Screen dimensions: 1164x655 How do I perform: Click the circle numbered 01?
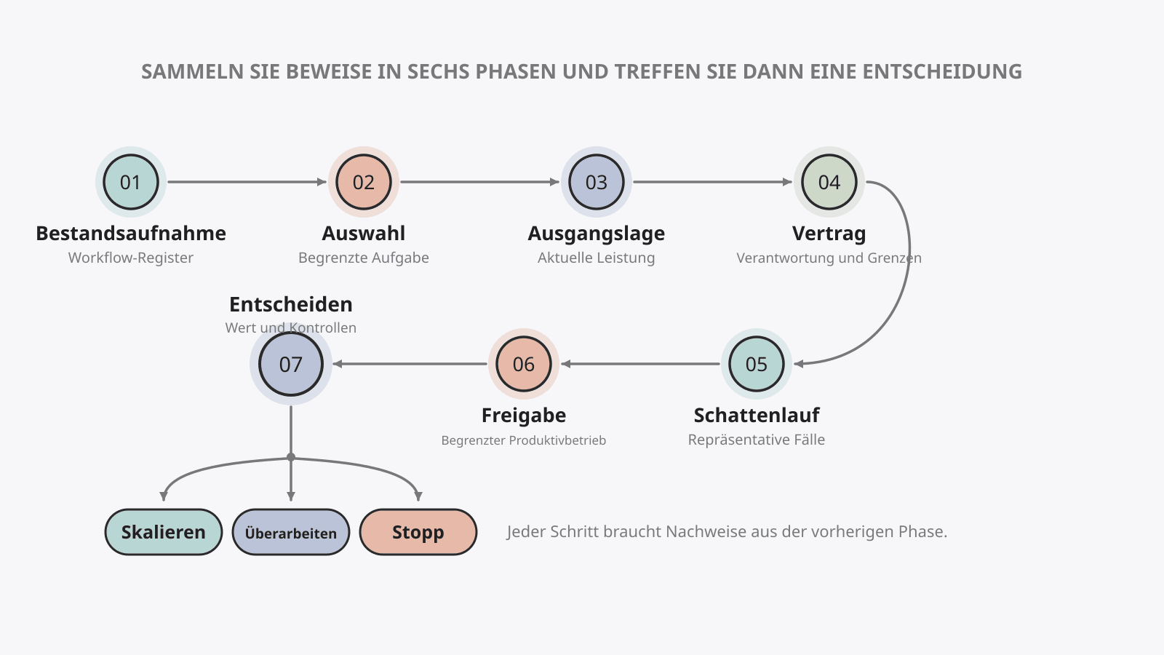130,182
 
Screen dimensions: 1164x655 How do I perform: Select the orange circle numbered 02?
363,182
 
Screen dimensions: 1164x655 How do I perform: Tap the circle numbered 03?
596,182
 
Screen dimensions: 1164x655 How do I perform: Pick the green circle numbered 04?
829,182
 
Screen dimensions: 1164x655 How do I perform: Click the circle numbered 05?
756,364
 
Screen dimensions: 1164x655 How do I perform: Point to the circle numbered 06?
523,364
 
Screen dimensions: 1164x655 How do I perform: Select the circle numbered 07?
290,364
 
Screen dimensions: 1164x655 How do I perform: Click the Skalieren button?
163,532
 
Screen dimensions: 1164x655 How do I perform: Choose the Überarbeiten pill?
290,532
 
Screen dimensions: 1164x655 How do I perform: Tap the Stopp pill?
418,532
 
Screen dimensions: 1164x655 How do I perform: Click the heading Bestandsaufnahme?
131,234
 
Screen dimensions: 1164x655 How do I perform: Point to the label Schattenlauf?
756,416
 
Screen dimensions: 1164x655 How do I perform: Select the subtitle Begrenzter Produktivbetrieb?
523,440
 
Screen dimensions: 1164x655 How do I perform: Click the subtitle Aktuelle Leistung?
596,258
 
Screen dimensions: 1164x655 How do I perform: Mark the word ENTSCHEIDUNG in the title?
942,72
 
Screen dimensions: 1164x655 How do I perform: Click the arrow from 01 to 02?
247,182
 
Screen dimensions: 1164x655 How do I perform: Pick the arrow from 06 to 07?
410,364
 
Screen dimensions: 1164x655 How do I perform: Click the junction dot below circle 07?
290,458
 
